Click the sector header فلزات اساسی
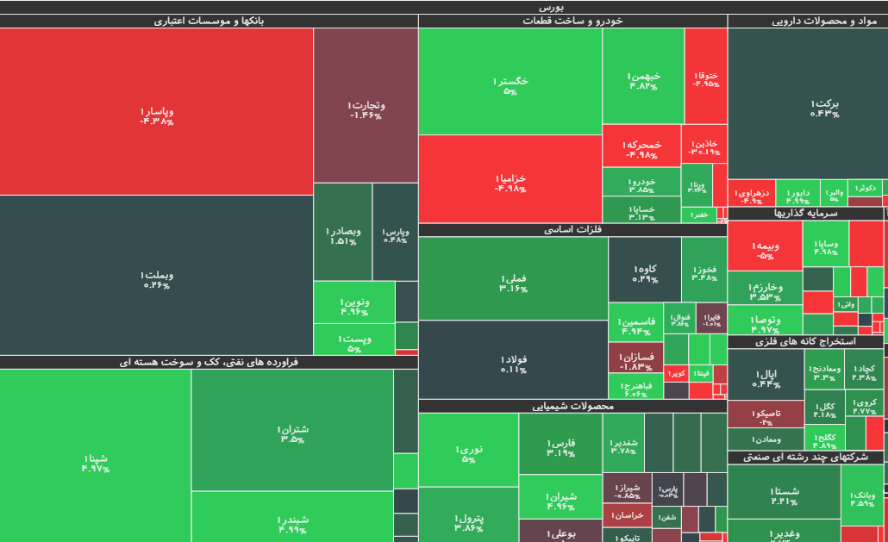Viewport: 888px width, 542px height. [572, 230]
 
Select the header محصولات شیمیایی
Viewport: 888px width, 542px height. [572, 406]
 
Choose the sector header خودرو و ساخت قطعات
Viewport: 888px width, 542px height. [572, 21]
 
